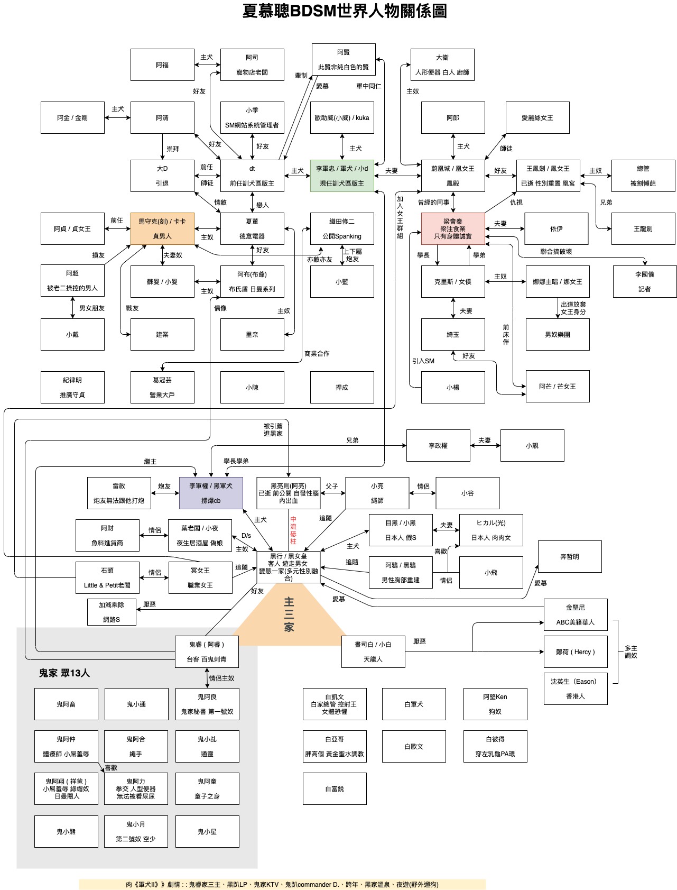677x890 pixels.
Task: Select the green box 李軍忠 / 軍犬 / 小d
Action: [342, 176]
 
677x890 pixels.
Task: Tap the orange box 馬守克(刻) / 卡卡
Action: [162, 228]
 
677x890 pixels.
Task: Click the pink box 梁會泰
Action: [453, 228]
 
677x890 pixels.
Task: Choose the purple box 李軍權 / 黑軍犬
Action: [211, 493]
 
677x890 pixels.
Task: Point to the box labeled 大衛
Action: [442, 65]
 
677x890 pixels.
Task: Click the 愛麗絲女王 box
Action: [537, 117]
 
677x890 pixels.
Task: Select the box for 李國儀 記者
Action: [644, 281]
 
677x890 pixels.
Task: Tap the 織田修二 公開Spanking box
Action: [342, 228]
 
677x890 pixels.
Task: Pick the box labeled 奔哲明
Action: [570, 556]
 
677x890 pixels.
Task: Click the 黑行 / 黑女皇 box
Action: [289, 567]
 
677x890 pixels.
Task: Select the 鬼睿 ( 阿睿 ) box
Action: [207, 652]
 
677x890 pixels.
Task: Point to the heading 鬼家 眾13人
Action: [64, 673]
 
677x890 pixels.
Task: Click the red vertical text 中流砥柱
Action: [293, 530]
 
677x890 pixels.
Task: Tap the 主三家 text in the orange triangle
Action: [289, 614]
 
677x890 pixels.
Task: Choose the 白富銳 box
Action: [335, 788]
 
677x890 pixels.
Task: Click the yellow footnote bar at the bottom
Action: [282, 884]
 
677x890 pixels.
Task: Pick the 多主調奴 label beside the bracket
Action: [631, 652]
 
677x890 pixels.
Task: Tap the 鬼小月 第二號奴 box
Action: [136, 831]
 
